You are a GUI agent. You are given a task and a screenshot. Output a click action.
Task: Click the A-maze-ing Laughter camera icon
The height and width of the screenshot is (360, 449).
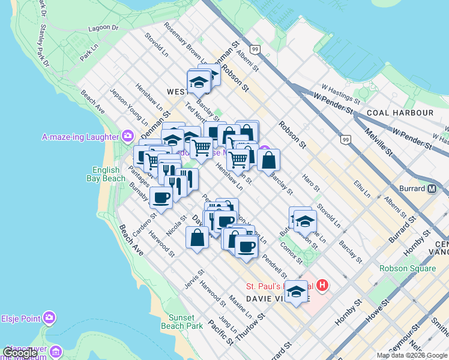(127, 136)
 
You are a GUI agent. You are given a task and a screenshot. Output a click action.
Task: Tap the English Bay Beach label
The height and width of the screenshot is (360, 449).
(109, 175)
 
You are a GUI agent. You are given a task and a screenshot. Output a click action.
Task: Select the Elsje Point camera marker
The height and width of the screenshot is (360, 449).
(49, 316)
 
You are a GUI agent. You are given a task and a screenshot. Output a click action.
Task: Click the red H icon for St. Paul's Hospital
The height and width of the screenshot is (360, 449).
(322, 286)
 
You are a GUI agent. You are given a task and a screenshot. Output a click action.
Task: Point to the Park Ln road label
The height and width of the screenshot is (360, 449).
(89, 53)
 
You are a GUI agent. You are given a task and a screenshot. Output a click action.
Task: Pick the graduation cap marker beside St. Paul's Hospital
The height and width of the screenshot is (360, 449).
(295, 292)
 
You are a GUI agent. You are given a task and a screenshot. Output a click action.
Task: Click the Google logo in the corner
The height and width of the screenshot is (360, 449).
(20, 353)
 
